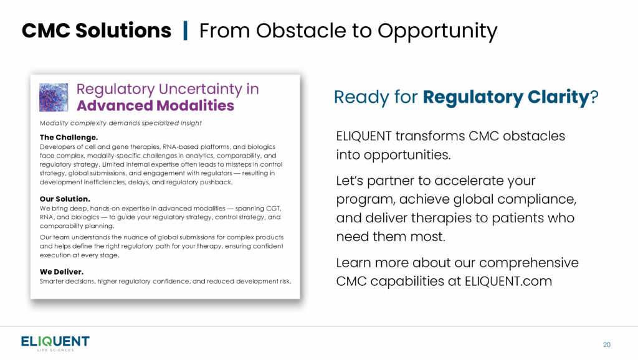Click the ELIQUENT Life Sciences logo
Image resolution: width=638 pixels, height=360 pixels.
point(55,343)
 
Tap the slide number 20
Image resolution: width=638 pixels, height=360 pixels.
point(607,344)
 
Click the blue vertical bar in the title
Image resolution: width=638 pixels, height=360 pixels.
point(186,31)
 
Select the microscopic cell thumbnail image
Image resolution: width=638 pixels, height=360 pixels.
point(54,97)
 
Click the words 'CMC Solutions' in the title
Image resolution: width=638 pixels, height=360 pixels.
point(97,31)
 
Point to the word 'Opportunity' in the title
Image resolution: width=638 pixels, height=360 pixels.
point(437,32)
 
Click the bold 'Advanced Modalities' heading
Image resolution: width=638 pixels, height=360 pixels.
point(155,105)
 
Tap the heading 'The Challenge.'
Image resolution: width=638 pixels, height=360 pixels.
point(69,137)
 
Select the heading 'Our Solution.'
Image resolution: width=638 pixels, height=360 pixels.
point(65,199)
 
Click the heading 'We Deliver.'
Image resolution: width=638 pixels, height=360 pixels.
point(62,272)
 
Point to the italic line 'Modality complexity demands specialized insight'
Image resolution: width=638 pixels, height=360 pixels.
point(120,123)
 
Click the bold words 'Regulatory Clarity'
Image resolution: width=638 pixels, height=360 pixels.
point(506,97)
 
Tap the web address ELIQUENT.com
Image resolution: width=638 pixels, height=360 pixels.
point(508,281)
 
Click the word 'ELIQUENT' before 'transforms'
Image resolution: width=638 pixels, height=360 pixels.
point(364,136)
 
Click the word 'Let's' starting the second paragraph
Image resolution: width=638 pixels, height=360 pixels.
point(350,181)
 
